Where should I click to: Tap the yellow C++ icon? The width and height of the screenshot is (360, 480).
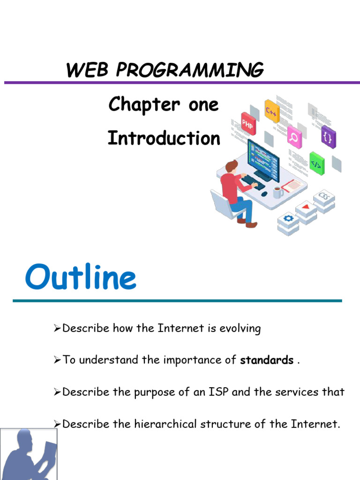point(272,111)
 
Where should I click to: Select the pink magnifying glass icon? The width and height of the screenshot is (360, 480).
point(295,136)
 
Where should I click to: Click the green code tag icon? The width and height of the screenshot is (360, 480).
point(317,164)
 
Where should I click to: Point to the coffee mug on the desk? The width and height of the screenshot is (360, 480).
point(278,192)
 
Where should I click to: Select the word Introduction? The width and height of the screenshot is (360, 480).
point(164,138)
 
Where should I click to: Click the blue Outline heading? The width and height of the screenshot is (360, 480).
point(81,278)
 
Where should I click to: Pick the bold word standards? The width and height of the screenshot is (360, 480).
point(266,360)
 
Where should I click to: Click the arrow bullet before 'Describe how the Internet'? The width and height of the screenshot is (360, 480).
point(58,329)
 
